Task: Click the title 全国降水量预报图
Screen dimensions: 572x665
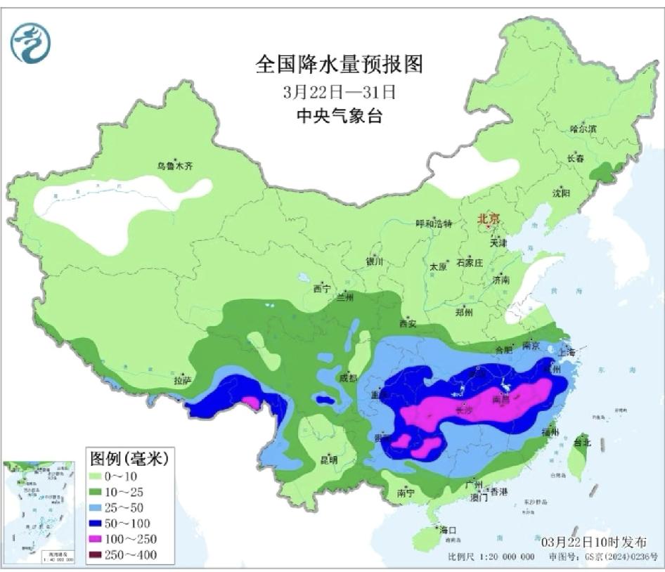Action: click(x=339, y=65)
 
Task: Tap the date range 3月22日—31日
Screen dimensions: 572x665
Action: click(x=339, y=91)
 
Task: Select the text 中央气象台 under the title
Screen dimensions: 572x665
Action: click(x=339, y=117)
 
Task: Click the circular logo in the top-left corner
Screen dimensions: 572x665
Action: click(x=30, y=43)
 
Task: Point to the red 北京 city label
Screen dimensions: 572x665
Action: click(x=488, y=219)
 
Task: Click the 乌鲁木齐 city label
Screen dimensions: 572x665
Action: click(x=174, y=167)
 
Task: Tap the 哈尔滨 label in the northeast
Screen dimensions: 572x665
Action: click(x=583, y=129)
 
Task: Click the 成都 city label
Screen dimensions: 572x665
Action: click(x=349, y=377)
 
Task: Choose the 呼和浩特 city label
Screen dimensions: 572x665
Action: click(x=434, y=223)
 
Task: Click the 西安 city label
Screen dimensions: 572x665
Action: click(x=408, y=323)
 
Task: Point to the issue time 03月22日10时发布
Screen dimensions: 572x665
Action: click(x=594, y=541)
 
